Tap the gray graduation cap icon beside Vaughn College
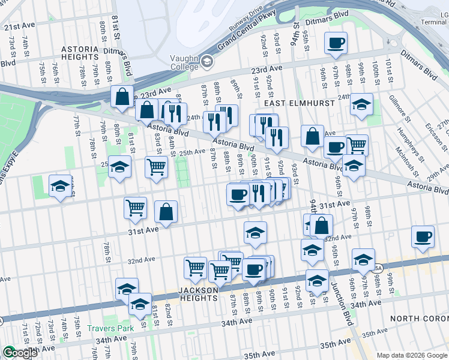tap(207, 61)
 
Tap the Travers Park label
tap(108, 328)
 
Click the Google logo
tap(19, 353)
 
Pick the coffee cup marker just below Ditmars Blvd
tap(336, 44)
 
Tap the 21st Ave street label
tap(20, 27)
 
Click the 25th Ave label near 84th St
tap(193, 152)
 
